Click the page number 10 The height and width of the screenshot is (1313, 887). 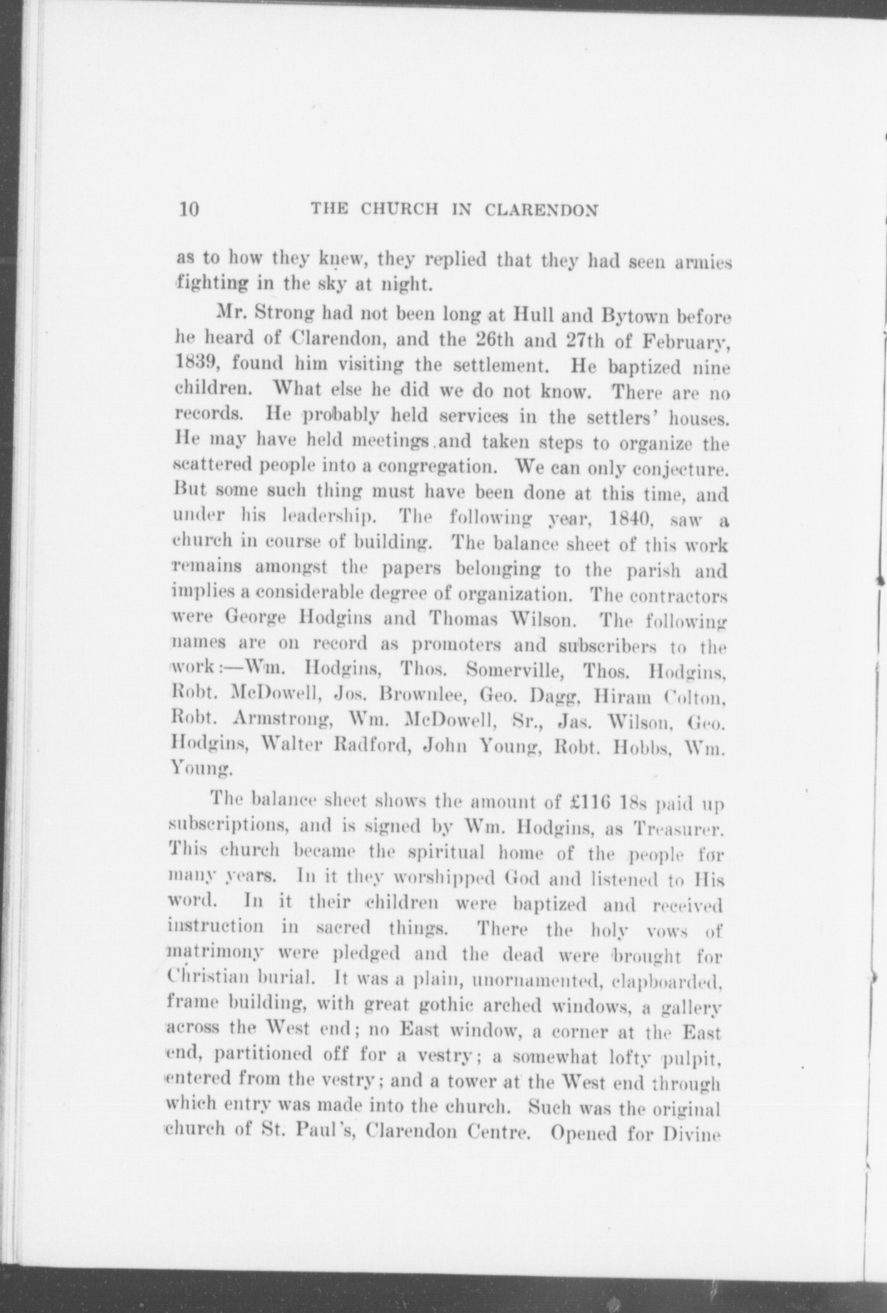tap(189, 209)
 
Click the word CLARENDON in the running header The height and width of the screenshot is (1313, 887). tap(541, 210)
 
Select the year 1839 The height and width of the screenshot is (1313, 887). tap(195, 363)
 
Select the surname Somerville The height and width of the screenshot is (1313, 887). tap(516, 670)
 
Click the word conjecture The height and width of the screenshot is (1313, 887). tap(680, 469)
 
